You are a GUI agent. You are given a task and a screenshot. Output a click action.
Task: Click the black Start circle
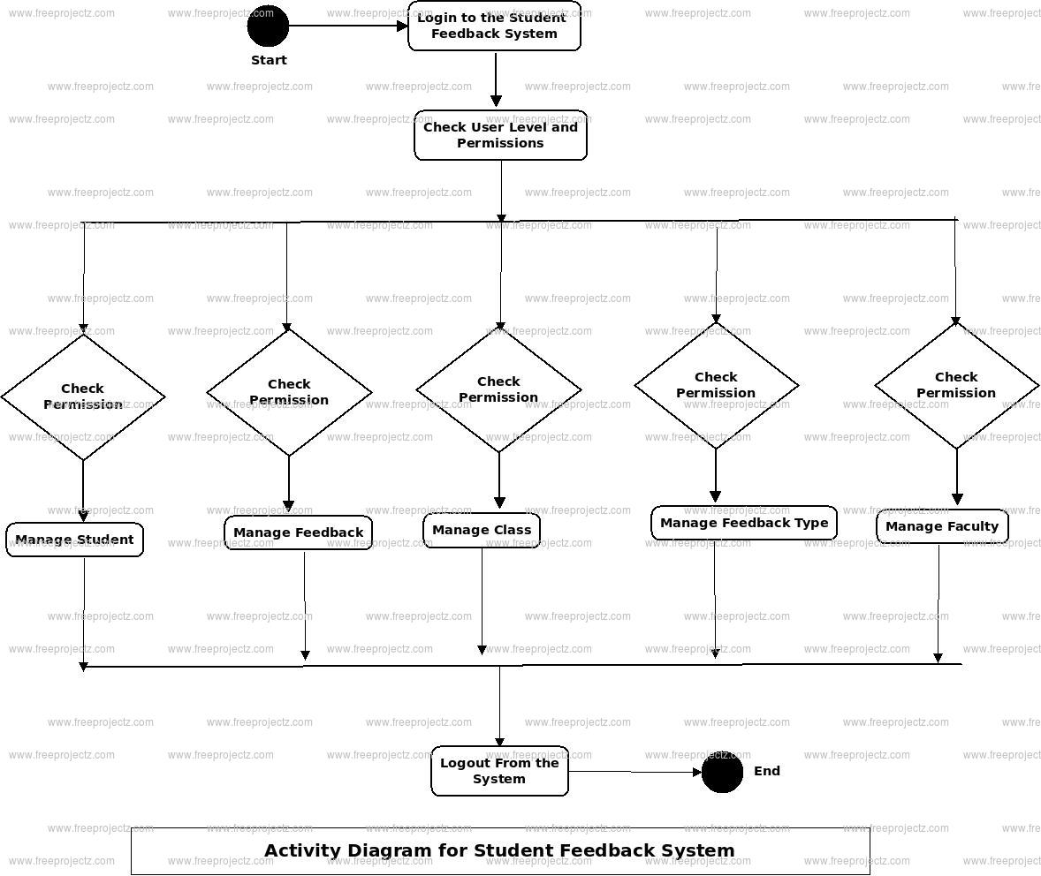point(268,26)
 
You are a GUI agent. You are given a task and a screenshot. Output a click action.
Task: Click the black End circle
point(722,773)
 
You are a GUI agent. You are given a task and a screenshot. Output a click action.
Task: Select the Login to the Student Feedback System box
point(494,26)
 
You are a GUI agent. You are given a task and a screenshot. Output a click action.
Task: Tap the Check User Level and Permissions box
point(500,135)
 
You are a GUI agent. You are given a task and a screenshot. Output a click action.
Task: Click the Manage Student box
point(74,540)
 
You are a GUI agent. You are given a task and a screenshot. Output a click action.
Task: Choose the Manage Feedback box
point(298,532)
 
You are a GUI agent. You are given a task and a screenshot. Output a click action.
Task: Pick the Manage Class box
point(482,531)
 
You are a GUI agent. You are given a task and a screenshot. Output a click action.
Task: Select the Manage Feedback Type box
point(744,523)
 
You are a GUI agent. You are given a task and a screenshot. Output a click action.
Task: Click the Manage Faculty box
point(942,526)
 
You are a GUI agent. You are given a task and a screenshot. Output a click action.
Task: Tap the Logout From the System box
point(499,771)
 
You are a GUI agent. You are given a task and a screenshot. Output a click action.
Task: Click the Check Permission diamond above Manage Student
point(83,396)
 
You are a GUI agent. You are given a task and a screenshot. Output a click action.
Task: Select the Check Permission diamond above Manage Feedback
point(289,392)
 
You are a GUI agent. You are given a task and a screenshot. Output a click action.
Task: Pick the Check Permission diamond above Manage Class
point(498,389)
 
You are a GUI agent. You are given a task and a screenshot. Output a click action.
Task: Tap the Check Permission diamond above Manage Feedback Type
point(716,385)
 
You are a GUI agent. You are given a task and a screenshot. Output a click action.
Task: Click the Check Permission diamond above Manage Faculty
point(956,385)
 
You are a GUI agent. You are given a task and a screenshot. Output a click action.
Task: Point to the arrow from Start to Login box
point(348,26)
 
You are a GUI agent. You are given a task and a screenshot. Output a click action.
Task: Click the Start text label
point(269,60)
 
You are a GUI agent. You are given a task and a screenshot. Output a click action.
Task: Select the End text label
point(766,771)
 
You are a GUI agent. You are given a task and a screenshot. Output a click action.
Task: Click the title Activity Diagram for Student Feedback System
point(499,850)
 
